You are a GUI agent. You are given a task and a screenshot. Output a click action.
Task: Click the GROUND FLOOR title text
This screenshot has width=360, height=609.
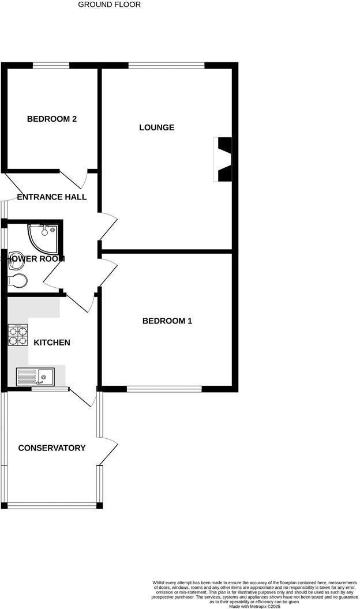click(x=109, y=5)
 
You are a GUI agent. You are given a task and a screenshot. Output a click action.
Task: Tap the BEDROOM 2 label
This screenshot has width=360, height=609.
click(x=52, y=119)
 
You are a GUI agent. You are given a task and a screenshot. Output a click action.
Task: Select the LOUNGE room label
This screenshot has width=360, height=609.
click(x=156, y=127)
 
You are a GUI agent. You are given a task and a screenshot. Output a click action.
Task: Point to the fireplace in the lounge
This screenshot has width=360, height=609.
click(x=223, y=159)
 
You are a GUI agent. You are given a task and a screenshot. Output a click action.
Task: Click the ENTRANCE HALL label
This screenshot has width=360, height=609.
click(x=52, y=197)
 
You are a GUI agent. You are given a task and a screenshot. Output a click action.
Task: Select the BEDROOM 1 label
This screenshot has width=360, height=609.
click(x=167, y=321)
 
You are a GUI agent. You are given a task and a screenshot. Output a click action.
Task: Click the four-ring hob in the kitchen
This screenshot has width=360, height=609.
click(x=18, y=335)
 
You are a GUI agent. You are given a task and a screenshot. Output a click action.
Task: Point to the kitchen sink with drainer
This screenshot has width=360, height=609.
click(x=35, y=377)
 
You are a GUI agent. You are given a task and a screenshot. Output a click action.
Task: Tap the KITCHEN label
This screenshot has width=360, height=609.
click(x=52, y=343)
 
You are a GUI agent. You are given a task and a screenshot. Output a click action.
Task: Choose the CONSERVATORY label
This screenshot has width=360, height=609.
click(x=52, y=448)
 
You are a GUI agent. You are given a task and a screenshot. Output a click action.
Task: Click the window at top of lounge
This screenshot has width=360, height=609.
click(x=166, y=65)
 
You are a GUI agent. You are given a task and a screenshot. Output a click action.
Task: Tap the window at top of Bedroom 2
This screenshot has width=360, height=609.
click(x=51, y=65)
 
